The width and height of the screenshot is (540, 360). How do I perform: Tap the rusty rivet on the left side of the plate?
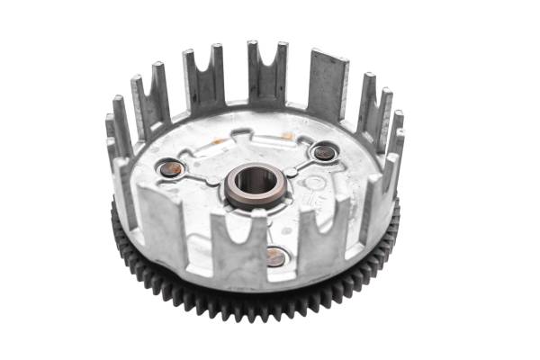click(x=171, y=168)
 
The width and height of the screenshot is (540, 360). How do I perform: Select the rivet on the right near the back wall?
click(x=324, y=152)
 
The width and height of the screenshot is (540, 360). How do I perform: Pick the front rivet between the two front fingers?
click(x=276, y=257)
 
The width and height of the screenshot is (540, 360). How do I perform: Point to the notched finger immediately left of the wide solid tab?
click(x=267, y=72)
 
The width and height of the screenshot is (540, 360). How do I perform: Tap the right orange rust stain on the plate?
click(x=286, y=135)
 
